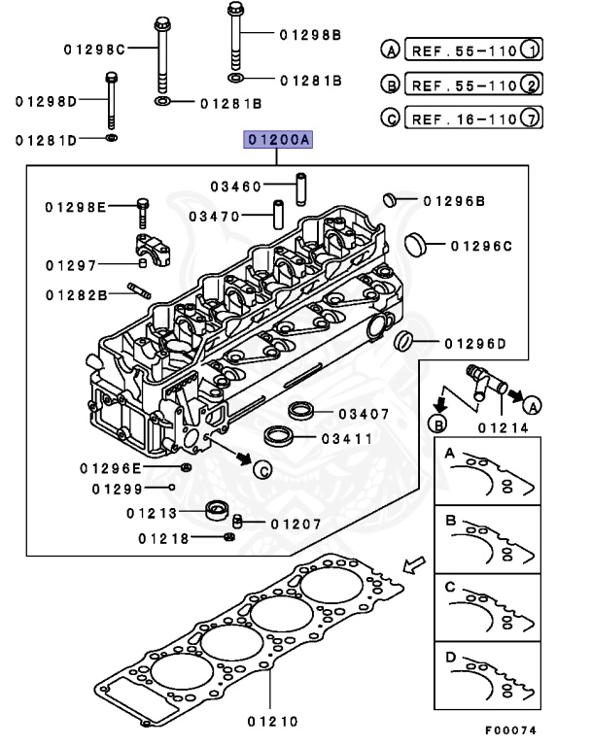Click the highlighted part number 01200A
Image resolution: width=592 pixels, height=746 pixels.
278,141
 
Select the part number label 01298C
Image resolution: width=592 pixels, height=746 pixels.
95,50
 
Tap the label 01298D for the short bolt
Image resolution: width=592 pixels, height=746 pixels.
47,100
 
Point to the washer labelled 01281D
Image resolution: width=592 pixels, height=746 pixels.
112,139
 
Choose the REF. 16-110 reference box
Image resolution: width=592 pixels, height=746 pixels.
461,119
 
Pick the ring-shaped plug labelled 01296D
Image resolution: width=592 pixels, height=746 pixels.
404,341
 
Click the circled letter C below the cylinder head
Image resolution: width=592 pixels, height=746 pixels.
261,470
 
